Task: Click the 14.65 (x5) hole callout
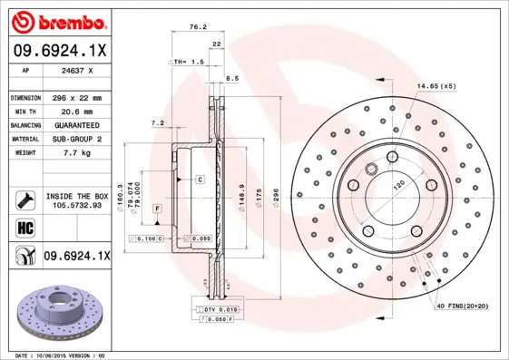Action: click(435, 86)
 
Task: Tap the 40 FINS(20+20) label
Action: click(468, 306)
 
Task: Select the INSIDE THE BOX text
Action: click(77, 196)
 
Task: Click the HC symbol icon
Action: click(24, 229)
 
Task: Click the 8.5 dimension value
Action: click(231, 80)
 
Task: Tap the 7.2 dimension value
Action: click(157, 122)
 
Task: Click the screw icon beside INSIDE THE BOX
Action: click(24, 199)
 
